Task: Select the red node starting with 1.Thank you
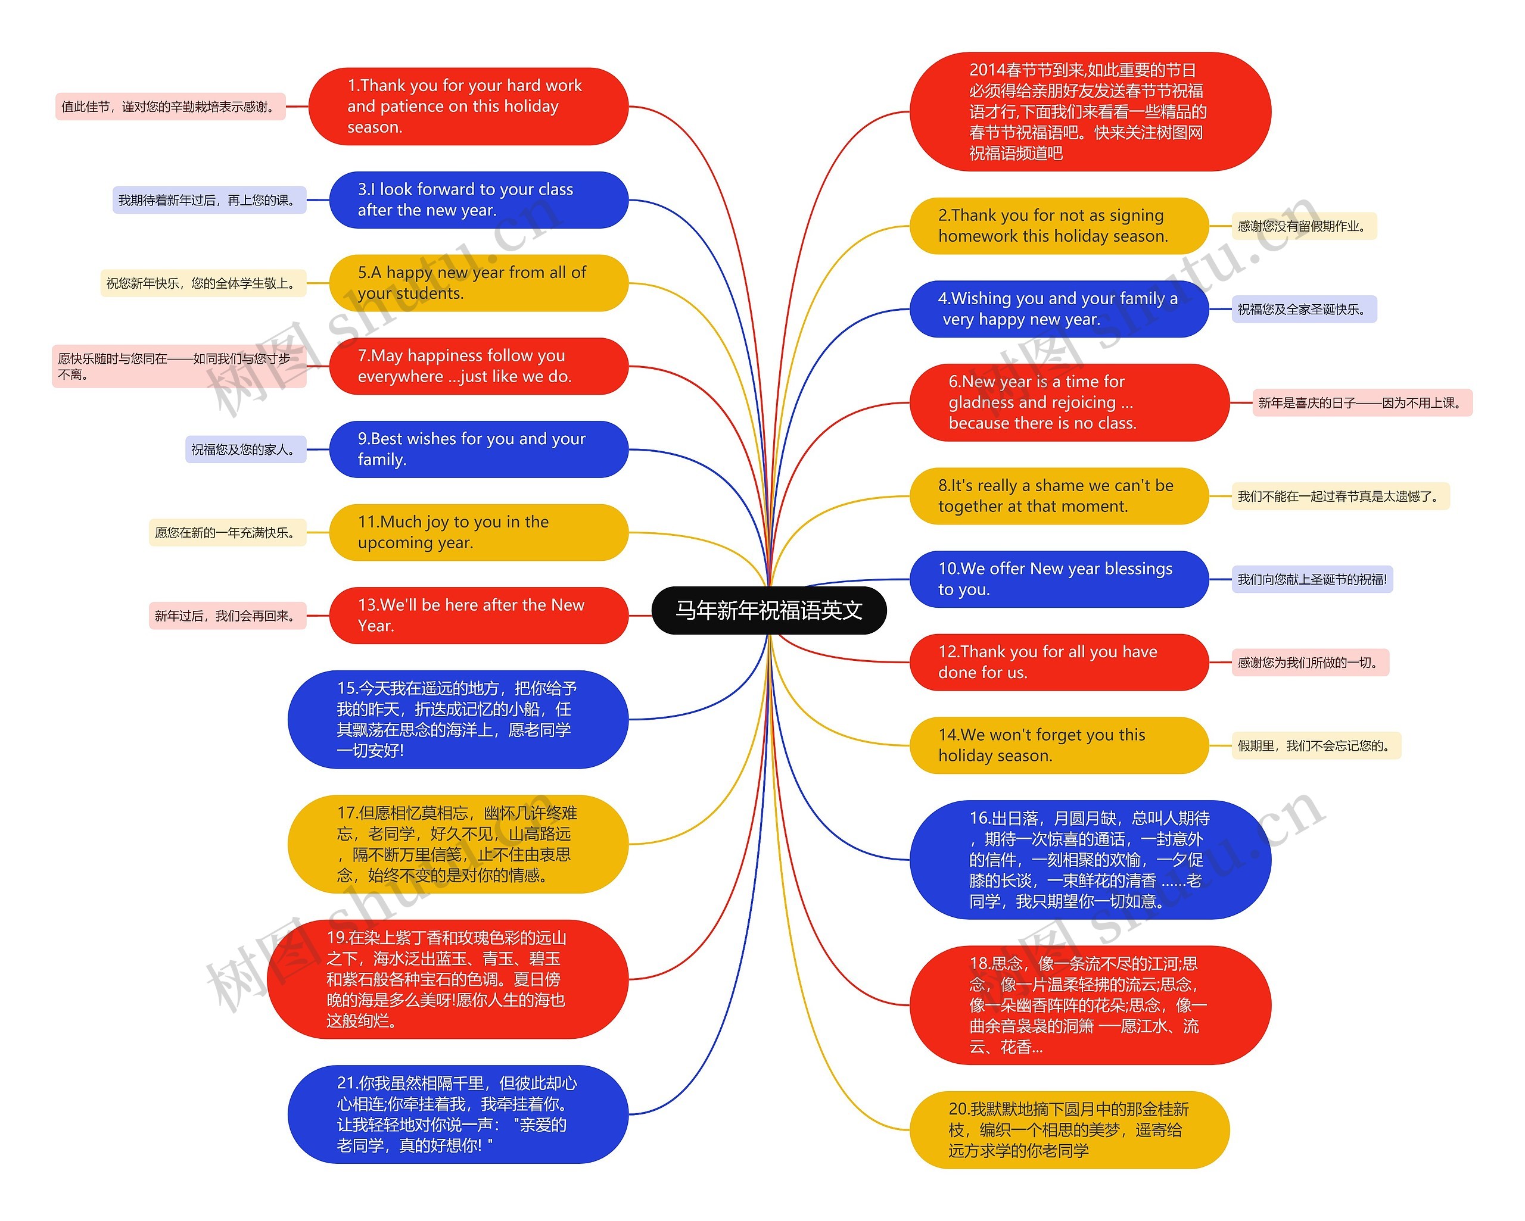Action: tap(468, 107)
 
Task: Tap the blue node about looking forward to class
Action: tap(478, 200)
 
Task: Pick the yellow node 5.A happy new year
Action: tap(478, 283)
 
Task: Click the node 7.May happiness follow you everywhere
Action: tap(478, 366)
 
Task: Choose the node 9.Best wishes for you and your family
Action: tap(478, 449)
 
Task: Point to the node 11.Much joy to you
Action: tap(478, 532)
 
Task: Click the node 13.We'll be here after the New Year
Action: tap(478, 615)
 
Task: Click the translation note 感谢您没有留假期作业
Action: tap(1303, 226)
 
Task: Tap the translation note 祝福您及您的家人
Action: tap(245, 449)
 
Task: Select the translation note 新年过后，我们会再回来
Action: tap(227, 616)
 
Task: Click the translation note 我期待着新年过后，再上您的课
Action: tap(208, 201)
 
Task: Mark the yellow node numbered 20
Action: tap(1069, 1130)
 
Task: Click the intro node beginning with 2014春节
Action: tap(1090, 112)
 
